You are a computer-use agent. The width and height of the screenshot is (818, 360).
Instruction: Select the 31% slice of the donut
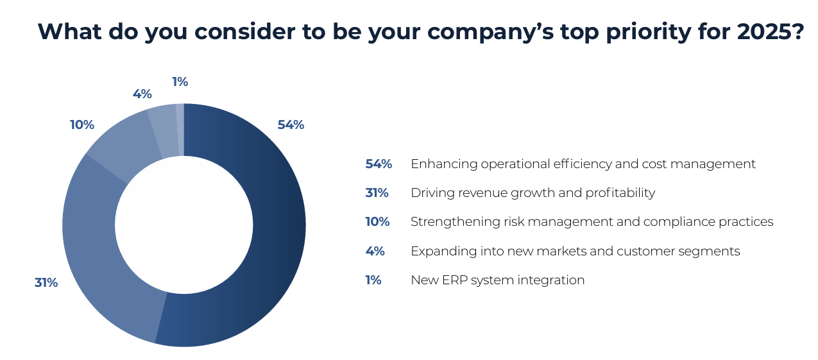[96, 244]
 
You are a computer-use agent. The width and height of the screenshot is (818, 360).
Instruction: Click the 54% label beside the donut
[291, 125]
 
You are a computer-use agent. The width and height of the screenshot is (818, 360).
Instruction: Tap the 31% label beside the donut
[46, 282]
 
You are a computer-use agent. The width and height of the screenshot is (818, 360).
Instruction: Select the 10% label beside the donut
[82, 124]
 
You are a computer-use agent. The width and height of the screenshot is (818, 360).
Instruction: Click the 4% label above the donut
[142, 94]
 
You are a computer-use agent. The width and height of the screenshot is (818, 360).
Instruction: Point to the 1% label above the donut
[180, 81]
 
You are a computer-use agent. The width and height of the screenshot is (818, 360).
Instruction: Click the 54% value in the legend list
[379, 164]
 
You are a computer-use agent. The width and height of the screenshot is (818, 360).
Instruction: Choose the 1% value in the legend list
[373, 280]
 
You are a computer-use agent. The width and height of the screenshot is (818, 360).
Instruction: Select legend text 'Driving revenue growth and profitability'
[533, 193]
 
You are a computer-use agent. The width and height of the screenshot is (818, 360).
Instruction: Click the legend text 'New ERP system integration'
[497, 280]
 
